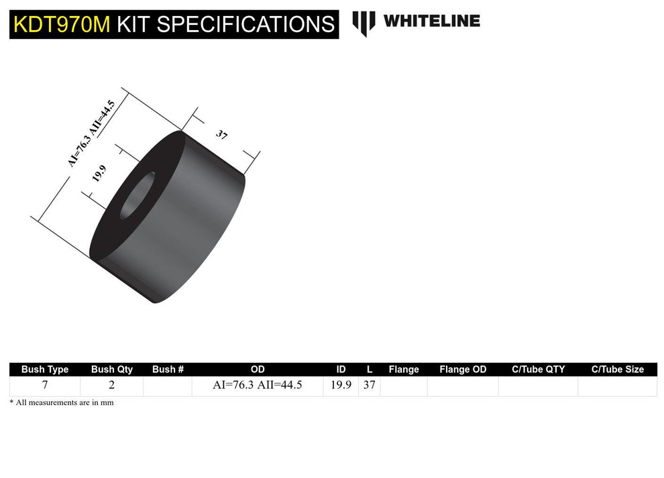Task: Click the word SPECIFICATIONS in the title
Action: (246, 24)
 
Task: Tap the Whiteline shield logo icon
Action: (364, 23)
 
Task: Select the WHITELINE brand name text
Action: (431, 21)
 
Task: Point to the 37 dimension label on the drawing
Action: (222, 135)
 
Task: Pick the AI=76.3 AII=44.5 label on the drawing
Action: (91, 133)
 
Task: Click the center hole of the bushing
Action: (137, 195)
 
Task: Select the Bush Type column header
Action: (45, 369)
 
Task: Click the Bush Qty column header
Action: (112, 369)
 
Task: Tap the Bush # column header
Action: (168, 369)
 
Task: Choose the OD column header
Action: (258, 369)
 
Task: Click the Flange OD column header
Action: (463, 369)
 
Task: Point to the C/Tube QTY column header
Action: (538, 369)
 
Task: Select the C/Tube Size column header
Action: (617, 369)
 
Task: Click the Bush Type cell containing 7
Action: (45, 385)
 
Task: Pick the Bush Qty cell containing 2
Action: (112, 385)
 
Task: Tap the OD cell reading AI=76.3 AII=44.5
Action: (258, 385)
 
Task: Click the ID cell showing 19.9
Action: (341, 385)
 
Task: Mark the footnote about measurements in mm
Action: (62, 403)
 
